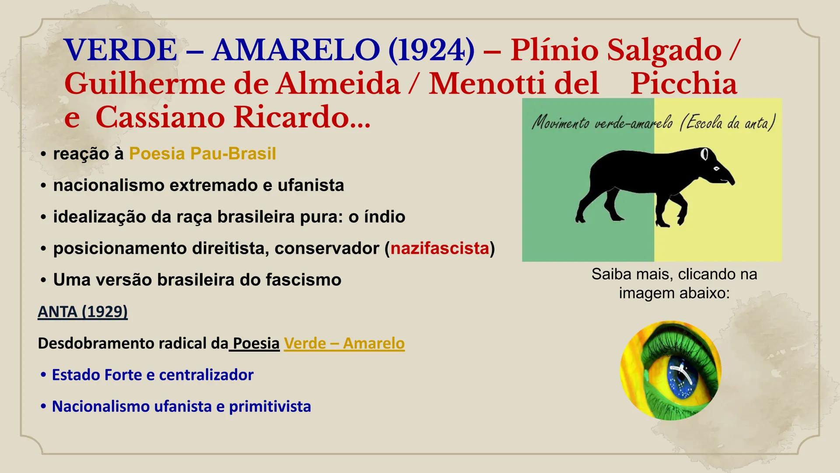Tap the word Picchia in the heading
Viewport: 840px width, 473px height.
683,84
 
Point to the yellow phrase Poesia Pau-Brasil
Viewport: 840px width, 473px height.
203,154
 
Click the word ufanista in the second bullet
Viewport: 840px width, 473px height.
311,185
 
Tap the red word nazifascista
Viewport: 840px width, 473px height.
439,248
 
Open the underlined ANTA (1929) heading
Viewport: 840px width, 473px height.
83,311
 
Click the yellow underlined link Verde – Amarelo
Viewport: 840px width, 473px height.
344,343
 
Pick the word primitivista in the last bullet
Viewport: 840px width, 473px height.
270,406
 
